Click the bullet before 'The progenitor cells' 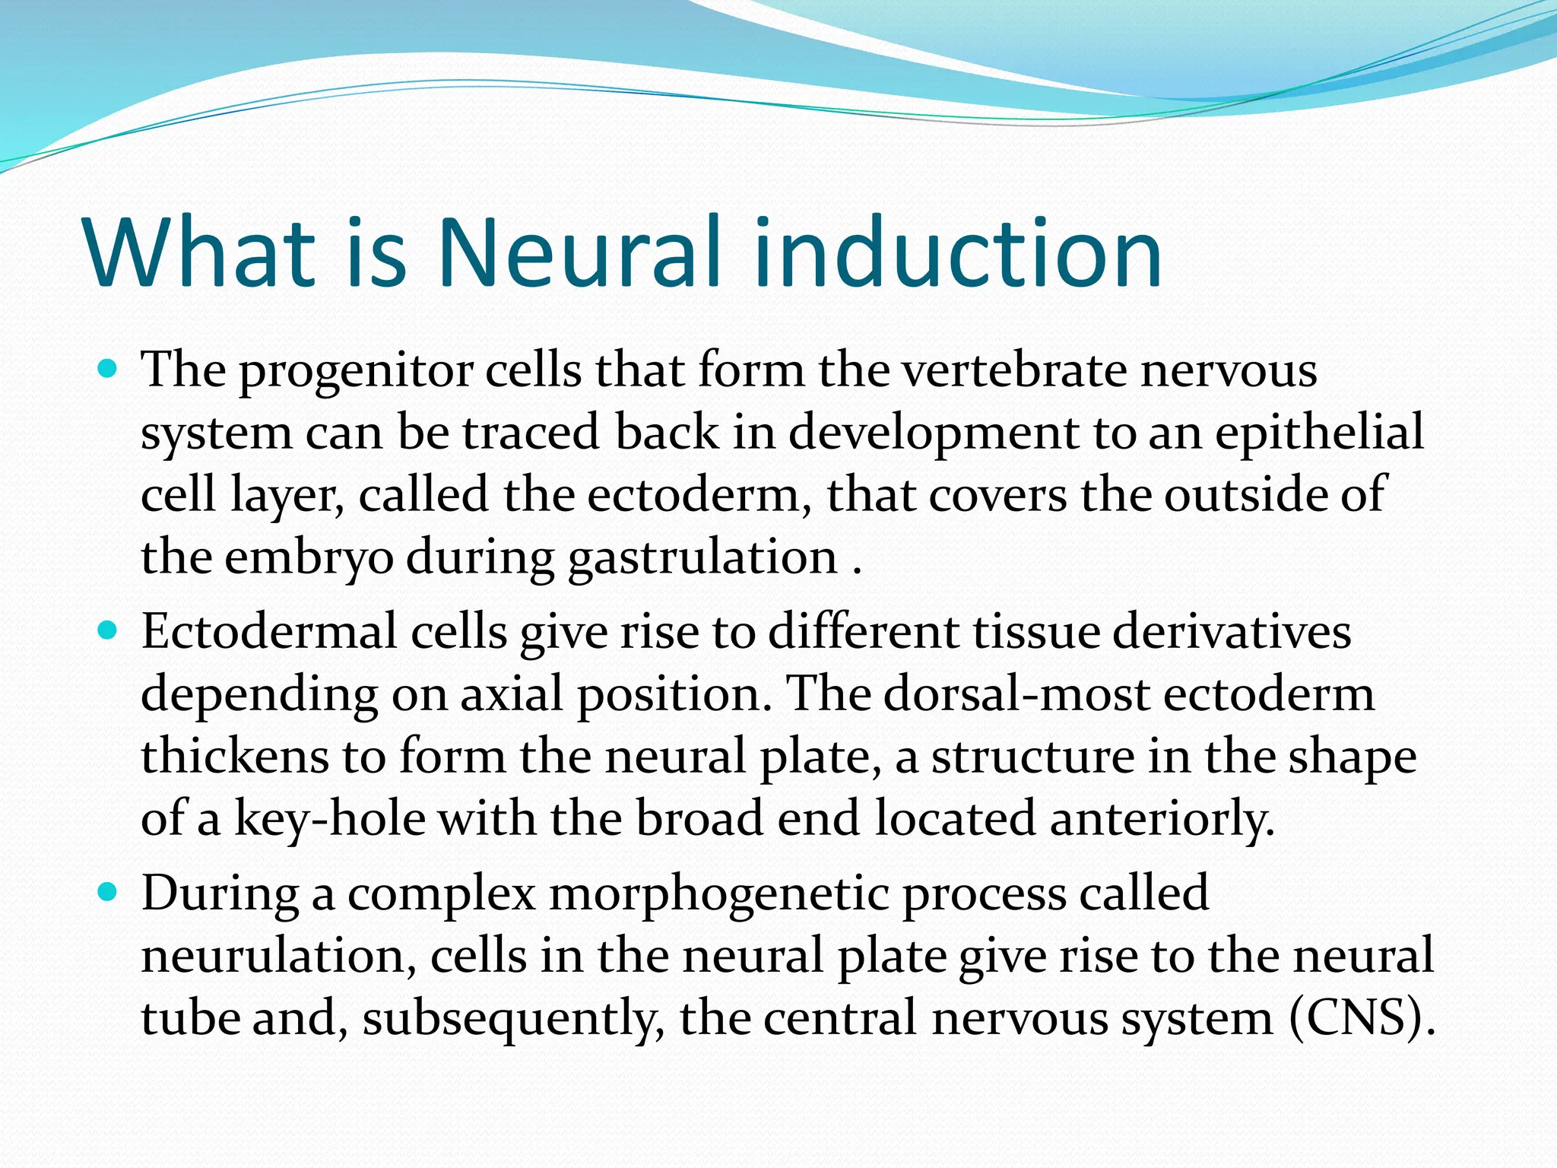pos(108,370)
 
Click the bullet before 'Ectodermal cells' pos(108,630)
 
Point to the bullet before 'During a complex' pos(108,891)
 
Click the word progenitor pos(356,373)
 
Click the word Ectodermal pos(269,632)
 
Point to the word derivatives pos(1232,632)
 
